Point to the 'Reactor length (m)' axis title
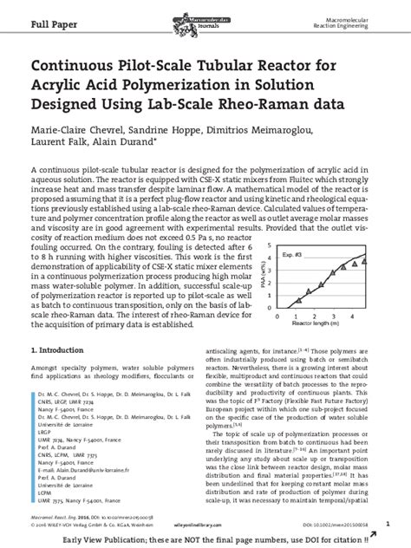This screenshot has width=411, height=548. tap(316, 323)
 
